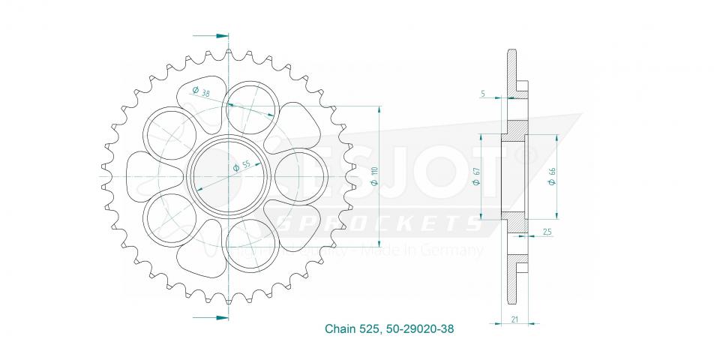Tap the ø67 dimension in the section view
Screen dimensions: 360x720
coord(475,177)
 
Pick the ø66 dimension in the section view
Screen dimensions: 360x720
coord(552,177)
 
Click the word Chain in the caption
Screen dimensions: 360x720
coord(340,329)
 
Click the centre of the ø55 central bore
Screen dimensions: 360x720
coord(227,177)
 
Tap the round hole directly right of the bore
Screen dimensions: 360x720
coord(300,177)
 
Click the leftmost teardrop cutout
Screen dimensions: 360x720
coord(150,177)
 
